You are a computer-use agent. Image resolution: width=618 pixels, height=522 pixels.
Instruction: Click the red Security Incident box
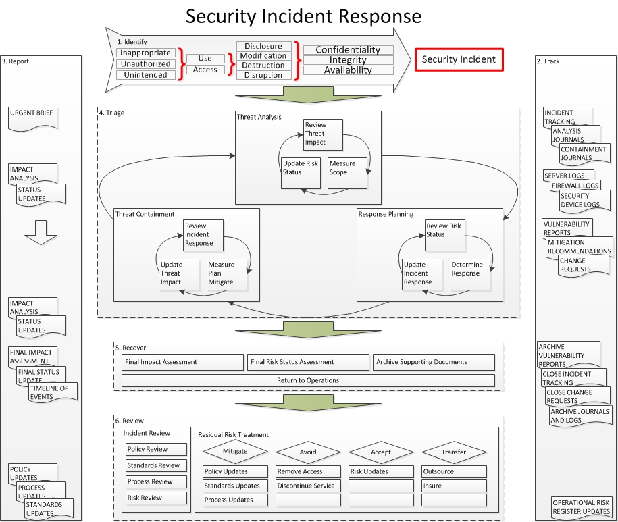[x=459, y=59]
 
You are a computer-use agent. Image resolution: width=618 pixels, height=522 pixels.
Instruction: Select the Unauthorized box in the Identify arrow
[x=145, y=64]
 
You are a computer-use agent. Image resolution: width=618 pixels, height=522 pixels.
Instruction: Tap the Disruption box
[x=263, y=75]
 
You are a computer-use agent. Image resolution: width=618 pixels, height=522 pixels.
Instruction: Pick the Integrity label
[x=348, y=60]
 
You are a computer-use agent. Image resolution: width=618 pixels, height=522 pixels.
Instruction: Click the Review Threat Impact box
[x=323, y=134]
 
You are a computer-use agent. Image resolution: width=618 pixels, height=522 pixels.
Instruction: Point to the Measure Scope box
[x=347, y=173]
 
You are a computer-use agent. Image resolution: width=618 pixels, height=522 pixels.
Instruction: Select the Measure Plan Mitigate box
[x=227, y=274]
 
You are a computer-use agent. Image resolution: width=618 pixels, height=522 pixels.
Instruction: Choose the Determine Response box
[x=470, y=274]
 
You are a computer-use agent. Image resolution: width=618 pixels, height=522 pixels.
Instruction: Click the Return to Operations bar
[x=308, y=380]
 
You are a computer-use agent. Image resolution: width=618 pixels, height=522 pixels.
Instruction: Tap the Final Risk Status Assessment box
[x=308, y=362]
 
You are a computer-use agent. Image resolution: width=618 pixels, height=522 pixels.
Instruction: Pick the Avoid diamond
[x=308, y=452]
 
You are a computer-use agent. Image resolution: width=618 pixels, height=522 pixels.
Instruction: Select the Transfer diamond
[x=454, y=452]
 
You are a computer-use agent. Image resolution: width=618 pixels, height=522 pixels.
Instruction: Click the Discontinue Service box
[x=308, y=486]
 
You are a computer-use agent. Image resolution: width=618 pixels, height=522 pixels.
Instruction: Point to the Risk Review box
[x=156, y=498]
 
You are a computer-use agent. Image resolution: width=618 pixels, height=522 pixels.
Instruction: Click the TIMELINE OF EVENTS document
[x=53, y=392]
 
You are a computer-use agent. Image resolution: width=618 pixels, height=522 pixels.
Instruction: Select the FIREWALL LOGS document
[x=575, y=186]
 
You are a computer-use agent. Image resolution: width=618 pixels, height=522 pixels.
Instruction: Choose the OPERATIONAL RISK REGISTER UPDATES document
[x=581, y=507]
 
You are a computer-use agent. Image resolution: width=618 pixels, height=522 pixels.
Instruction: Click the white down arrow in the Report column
[x=41, y=232]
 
